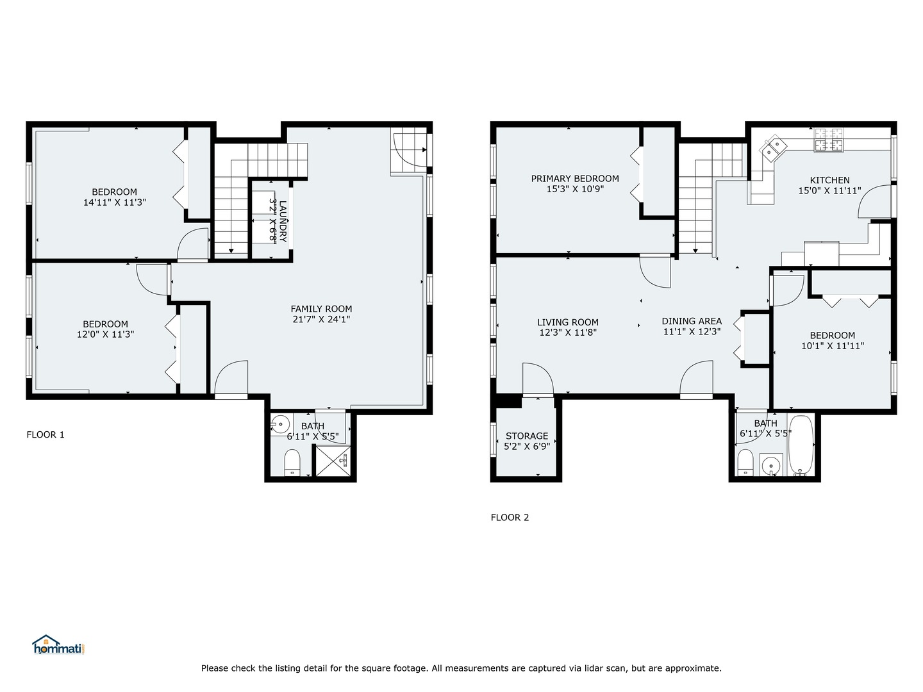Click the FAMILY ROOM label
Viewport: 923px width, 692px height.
321,309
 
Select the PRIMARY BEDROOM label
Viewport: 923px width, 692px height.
575,179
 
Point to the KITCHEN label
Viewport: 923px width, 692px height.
829,181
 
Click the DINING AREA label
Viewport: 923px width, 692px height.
692,322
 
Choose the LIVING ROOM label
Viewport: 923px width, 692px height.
568,323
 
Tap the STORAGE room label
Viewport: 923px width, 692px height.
527,436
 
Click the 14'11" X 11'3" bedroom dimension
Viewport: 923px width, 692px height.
114,202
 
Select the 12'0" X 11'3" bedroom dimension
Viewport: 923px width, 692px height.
105,334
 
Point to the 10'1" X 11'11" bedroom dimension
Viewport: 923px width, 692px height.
832,346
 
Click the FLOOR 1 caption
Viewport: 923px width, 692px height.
46,435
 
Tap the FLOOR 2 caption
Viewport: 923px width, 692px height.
510,518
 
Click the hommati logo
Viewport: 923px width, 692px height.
58,645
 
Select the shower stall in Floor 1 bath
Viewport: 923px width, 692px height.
332,461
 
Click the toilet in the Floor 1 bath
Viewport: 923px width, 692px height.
292,462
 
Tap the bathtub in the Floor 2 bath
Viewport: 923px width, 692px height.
801,446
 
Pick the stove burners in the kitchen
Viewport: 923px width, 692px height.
829,141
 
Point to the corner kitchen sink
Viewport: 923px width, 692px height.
773,148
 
